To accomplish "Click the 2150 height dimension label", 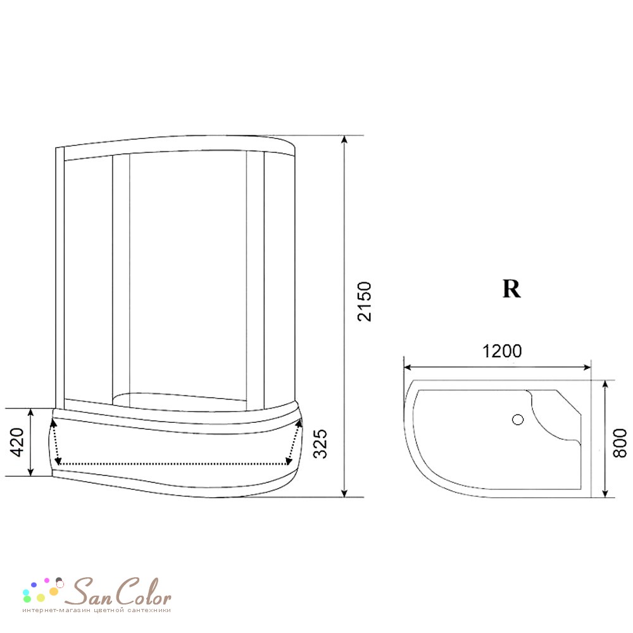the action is (365, 301).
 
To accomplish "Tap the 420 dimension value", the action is (17, 442).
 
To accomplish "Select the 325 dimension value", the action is (320, 443).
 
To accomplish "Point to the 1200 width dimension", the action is (502, 351).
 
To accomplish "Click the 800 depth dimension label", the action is (620, 443).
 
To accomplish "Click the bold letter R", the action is (511, 289).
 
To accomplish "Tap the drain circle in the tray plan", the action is (518, 420).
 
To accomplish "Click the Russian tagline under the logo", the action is (97, 610).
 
